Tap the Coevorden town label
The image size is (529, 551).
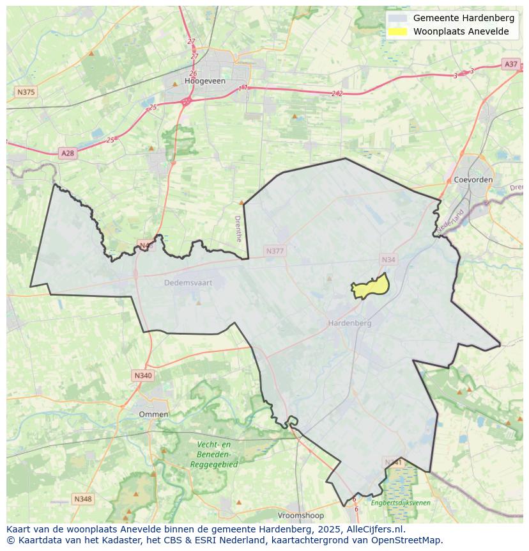(473, 180)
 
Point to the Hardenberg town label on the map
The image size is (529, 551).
(349, 323)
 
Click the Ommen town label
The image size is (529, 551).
(153, 414)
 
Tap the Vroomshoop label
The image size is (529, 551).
(300, 515)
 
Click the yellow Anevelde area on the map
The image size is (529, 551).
(369, 289)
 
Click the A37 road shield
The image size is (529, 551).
(510, 64)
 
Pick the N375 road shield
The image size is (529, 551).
(26, 92)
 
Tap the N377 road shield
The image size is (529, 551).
(274, 252)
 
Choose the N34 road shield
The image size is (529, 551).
(388, 259)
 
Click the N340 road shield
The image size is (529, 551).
(143, 376)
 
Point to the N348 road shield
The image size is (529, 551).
(82, 499)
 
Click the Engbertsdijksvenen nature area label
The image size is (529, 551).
(401, 503)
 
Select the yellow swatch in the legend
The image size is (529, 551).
(397, 31)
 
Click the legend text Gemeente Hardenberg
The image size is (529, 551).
(463, 18)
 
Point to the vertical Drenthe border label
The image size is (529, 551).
(238, 228)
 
